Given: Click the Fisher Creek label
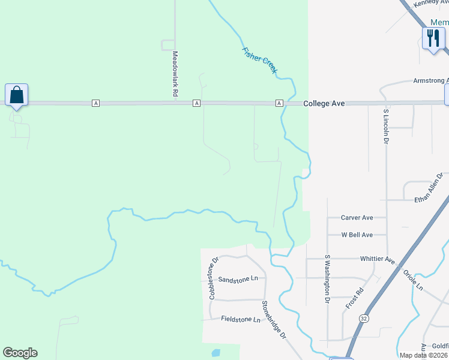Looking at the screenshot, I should click(x=259, y=61).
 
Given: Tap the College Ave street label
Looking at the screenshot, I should click(x=324, y=103).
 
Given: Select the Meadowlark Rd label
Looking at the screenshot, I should click(x=175, y=74).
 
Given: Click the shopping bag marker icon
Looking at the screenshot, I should click(x=16, y=95).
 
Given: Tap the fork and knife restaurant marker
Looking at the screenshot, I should click(x=433, y=38).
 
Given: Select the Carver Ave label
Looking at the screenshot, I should click(x=357, y=218).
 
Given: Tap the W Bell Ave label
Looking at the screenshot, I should click(x=357, y=235).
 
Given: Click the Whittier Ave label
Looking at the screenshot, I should click(x=377, y=259).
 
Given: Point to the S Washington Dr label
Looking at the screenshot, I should click(x=327, y=278).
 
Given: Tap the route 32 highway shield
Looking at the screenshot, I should click(x=364, y=318).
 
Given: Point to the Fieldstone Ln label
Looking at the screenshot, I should click(x=241, y=319).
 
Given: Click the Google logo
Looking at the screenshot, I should click(x=20, y=353).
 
